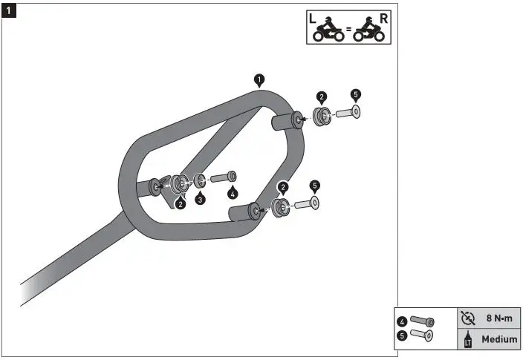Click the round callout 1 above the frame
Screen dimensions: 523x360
point(259,78)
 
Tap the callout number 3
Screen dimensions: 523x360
point(200,200)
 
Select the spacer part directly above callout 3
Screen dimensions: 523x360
point(200,180)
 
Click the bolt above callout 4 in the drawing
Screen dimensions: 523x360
point(224,177)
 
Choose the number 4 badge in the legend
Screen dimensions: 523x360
point(401,321)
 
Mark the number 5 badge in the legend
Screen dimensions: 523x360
point(401,335)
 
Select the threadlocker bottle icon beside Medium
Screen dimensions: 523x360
point(467,339)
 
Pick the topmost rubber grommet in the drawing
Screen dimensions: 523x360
point(322,116)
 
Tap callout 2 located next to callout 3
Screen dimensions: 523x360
point(180,203)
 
